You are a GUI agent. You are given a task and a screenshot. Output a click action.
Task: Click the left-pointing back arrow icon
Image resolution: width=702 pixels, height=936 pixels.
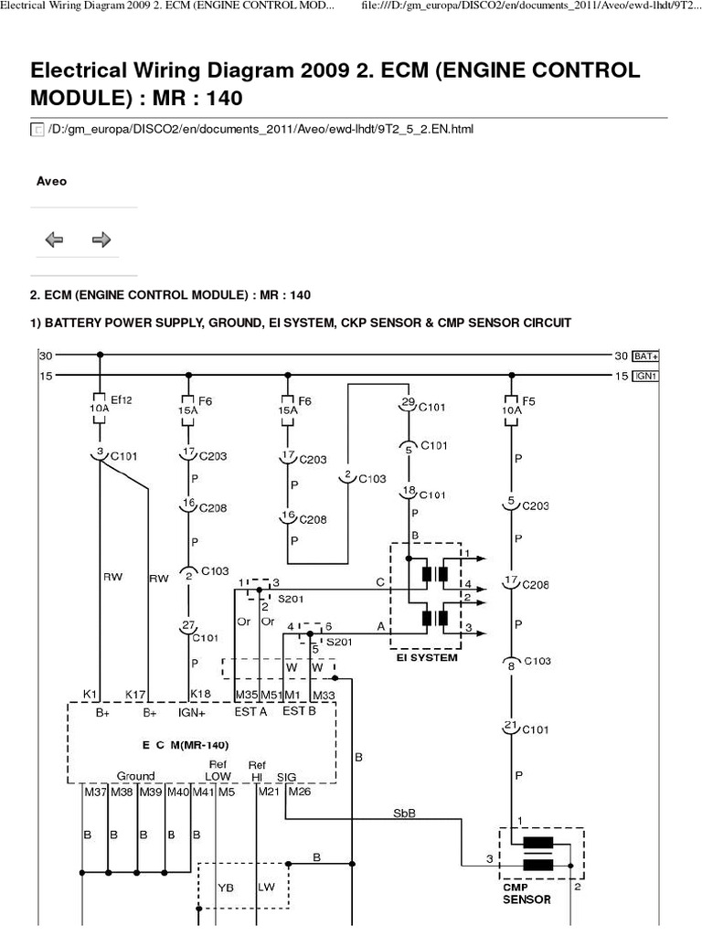coord(54,239)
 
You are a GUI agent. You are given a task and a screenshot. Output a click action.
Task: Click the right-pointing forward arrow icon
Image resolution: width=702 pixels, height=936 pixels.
coord(101,239)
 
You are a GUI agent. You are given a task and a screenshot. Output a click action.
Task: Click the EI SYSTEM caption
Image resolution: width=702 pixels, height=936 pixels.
coord(422,657)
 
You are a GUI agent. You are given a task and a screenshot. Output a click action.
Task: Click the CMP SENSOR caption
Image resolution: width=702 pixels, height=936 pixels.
coord(526,893)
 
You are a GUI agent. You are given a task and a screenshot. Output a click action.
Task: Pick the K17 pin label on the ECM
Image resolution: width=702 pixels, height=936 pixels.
coord(134,695)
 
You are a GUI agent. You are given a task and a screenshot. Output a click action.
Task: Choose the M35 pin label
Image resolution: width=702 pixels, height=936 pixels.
coord(247,695)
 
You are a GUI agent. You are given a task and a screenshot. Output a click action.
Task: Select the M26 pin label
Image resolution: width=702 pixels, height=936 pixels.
coord(300,792)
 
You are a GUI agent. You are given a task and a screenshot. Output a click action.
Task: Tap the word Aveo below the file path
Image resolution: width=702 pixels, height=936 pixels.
coord(51,181)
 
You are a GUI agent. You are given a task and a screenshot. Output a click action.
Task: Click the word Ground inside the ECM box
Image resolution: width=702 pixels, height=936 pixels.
coord(135,776)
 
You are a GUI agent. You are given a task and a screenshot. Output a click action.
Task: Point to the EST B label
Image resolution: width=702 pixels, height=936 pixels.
coord(300,711)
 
